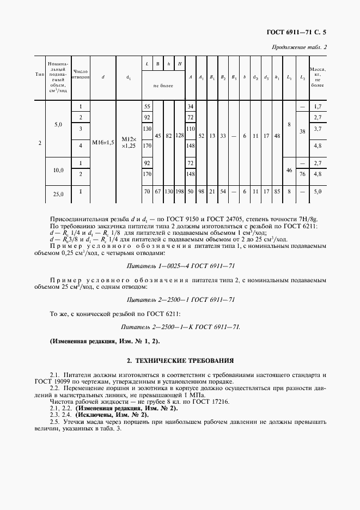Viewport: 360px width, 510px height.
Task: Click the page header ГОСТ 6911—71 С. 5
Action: point(299,35)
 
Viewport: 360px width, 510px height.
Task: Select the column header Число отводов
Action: point(81,74)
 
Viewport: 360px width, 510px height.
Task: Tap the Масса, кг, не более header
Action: point(317,77)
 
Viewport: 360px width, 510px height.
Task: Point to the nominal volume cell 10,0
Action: point(58,170)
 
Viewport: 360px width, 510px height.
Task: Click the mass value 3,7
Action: point(318,129)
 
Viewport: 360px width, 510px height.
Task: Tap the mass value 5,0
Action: point(318,192)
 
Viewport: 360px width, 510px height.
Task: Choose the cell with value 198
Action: point(179,192)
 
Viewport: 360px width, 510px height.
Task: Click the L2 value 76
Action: point(302,174)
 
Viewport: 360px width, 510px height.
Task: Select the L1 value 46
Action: point(289,170)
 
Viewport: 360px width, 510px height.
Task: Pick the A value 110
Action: point(191,129)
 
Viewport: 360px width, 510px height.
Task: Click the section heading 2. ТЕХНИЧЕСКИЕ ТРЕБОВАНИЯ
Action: point(180,360)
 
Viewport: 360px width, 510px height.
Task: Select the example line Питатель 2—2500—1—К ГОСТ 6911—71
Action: point(180,327)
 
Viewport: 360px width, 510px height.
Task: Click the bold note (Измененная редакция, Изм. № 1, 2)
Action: point(105,341)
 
